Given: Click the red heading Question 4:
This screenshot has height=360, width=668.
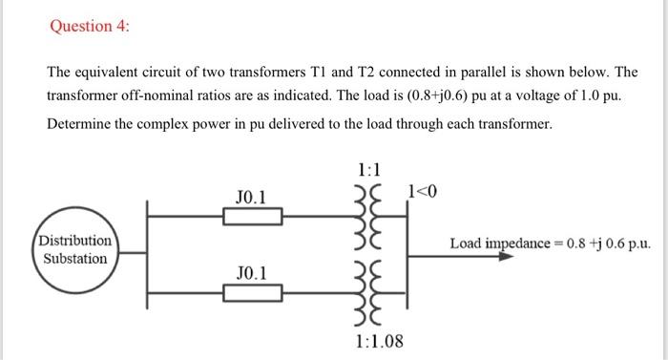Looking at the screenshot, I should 90,27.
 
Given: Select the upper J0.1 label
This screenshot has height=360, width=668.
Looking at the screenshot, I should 251,198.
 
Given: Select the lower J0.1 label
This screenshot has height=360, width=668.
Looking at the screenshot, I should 251,274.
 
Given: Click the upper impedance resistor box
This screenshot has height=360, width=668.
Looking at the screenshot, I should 253,217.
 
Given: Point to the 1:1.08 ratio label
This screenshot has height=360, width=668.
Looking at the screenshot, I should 379,341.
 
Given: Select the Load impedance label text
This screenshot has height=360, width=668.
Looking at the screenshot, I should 552,243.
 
